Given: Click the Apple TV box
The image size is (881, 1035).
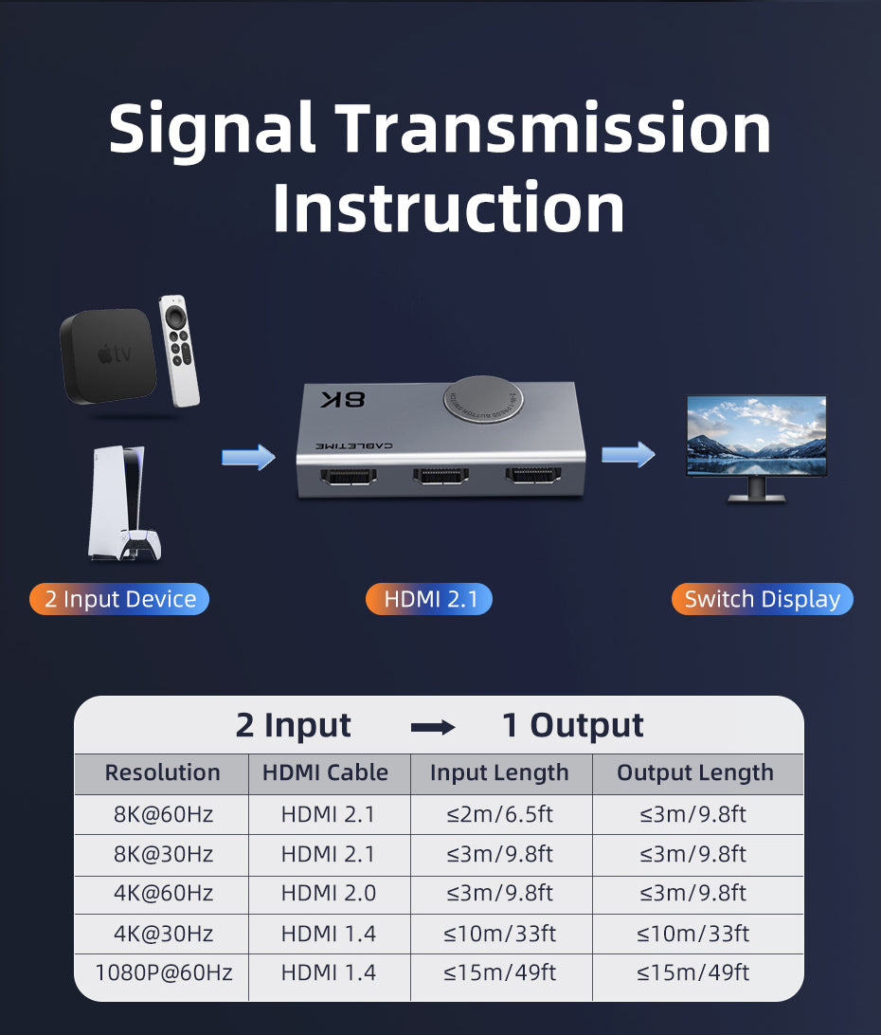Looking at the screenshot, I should (107, 355).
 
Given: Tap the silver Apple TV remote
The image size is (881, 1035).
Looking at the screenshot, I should (180, 350).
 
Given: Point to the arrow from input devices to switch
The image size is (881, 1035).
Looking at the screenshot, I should (248, 458).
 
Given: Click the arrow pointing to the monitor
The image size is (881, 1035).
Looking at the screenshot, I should (627, 455).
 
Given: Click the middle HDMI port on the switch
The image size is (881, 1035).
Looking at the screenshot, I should (441, 479).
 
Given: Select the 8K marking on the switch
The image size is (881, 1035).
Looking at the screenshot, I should (342, 399).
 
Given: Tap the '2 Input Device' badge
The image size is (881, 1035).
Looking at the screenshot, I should (119, 599).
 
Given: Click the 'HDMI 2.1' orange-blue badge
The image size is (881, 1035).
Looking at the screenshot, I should (429, 599).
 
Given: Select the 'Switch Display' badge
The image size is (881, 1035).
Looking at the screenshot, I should (762, 599).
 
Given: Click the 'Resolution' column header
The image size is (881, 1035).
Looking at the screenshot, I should (162, 772).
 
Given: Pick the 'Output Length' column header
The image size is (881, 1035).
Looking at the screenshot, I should (695, 772).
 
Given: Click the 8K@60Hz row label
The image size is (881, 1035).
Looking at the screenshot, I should (162, 814).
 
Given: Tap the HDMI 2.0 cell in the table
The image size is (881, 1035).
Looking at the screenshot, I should (328, 893).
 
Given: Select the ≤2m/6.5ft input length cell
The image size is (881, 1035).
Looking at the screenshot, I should (499, 814).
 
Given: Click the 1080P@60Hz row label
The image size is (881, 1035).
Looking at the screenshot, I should (162, 972).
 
